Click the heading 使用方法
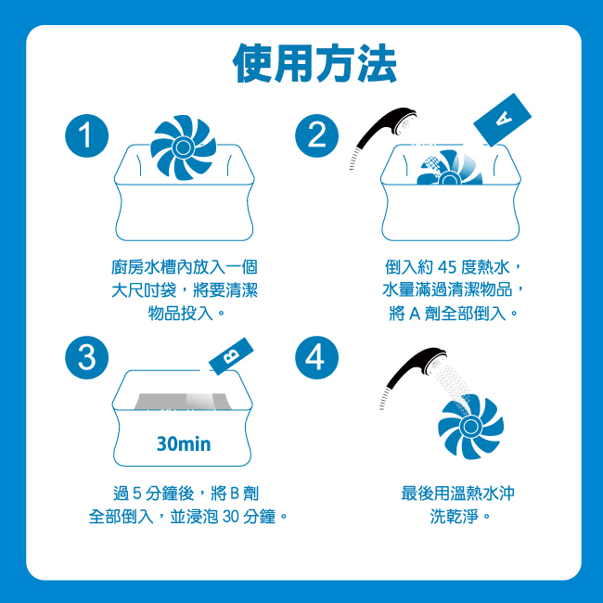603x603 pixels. point(314,63)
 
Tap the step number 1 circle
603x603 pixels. point(87,135)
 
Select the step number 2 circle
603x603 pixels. point(317,135)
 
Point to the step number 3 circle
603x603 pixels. point(87,358)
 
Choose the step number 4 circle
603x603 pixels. point(317,358)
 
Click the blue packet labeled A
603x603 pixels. point(502,120)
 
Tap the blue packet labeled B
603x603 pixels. point(231,356)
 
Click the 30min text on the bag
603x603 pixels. point(184,443)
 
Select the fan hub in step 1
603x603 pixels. point(183,147)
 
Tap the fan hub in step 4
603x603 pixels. point(470,426)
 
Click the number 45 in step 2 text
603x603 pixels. point(446,268)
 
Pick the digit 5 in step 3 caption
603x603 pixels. point(137,494)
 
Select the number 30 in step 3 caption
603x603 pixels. point(231,517)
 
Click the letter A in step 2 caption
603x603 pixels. point(414,314)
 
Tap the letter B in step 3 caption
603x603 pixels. point(235,494)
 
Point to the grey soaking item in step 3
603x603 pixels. point(182,402)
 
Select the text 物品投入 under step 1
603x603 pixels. point(180,314)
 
